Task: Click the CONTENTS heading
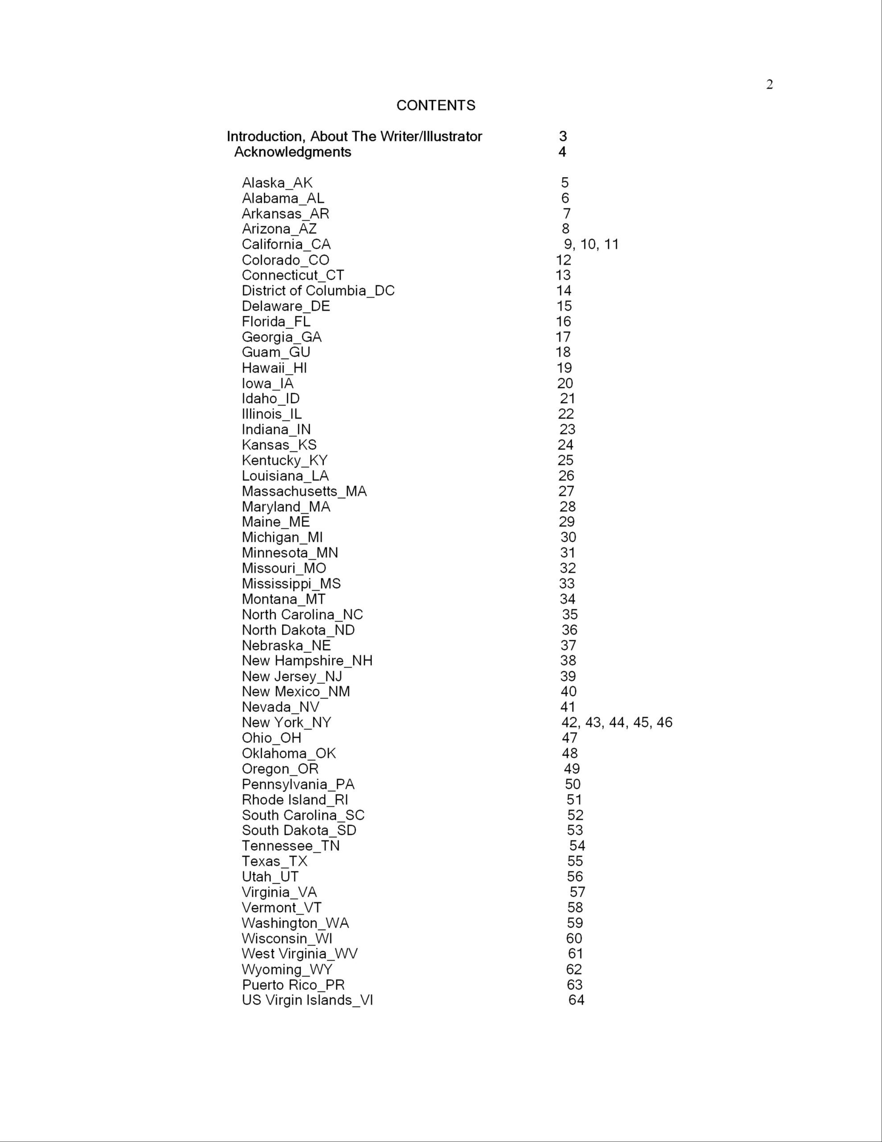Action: coord(436,106)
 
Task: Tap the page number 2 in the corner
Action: coord(769,85)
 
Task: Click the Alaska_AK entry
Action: coord(276,183)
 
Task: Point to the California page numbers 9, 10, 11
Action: coord(591,244)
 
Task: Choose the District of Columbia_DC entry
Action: coord(318,291)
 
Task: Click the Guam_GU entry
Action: coord(276,352)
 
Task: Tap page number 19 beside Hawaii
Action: coord(564,368)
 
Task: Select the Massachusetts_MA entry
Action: coord(304,492)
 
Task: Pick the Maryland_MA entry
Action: coord(285,507)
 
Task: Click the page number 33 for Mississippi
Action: coord(567,583)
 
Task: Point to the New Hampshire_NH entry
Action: coord(307,661)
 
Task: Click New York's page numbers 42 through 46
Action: coord(616,723)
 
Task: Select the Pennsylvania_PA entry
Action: coord(297,784)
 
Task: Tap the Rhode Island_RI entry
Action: coord(294,800)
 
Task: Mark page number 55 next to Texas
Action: coord(575,861)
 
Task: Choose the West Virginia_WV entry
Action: coord(300,954)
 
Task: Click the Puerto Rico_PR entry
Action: coord(293,985)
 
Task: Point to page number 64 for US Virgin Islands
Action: coord(576,1000)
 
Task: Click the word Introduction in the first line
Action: coord(264,137)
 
